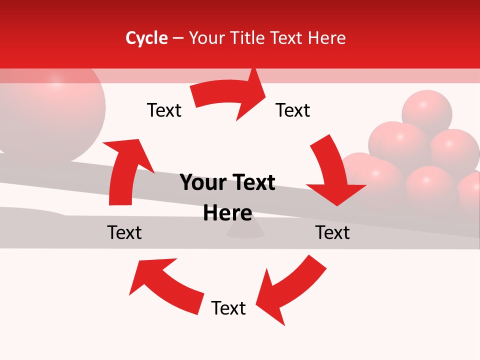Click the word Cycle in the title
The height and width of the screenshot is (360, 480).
pyautogui.click(x=146, y=38)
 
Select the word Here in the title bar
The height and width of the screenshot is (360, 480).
pyautogui.click(x=326, y=38)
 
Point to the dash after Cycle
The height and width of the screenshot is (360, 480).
pyautogui.click(x=177, y=38)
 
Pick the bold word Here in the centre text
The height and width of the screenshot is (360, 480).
pyautogui.click(x=227, y=213)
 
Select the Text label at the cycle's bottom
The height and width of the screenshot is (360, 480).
pyautogui.click(x=228, y=308)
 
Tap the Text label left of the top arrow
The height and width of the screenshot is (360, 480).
pyautogui.click(x=164, y=110)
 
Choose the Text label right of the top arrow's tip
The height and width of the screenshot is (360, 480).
pyautogui.click(x=293, y=110)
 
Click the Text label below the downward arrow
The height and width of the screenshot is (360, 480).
pyautogui.click(x=332, y=232)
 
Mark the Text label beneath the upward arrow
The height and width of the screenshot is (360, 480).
pyautogui.click(x=124, y=232)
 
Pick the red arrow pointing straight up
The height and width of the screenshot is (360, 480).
pyautogui.click(x=125, y=170)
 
